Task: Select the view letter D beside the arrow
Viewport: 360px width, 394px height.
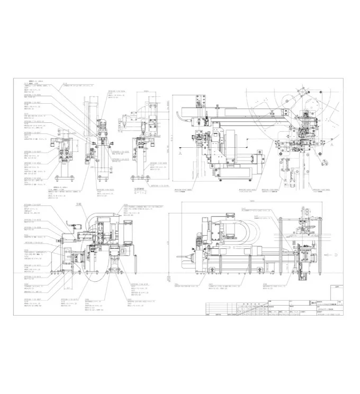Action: click(336, 255)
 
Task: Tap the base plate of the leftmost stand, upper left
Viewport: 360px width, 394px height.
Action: click(66, 179)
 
